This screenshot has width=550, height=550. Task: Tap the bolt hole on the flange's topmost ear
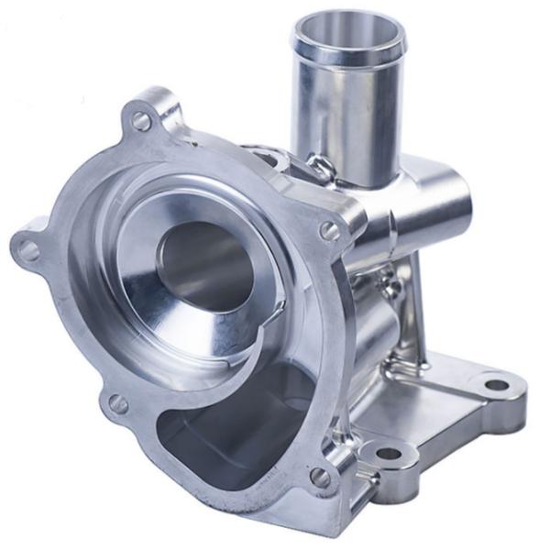[x=141, y=120]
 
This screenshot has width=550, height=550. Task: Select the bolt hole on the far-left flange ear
[x=28, y=249]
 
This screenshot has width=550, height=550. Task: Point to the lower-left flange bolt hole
[x=117, y=402]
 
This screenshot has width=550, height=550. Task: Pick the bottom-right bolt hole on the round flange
[x=319, y=477]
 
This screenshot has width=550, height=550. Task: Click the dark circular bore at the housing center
[x=204, y=266]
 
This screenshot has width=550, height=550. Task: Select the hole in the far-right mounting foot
[x=495, y=384]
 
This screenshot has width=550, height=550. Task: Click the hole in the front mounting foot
[x=389, y=452]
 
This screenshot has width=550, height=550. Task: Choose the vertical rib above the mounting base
[x=417, y=302]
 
